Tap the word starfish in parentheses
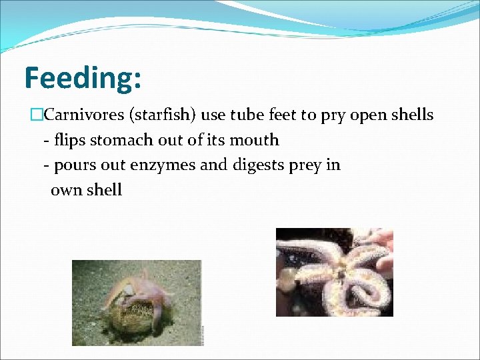click(x=163, y=115)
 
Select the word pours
click(x=75, y=165)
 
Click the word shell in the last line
click(x=103, y=190)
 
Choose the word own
click(x=65, y=190)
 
